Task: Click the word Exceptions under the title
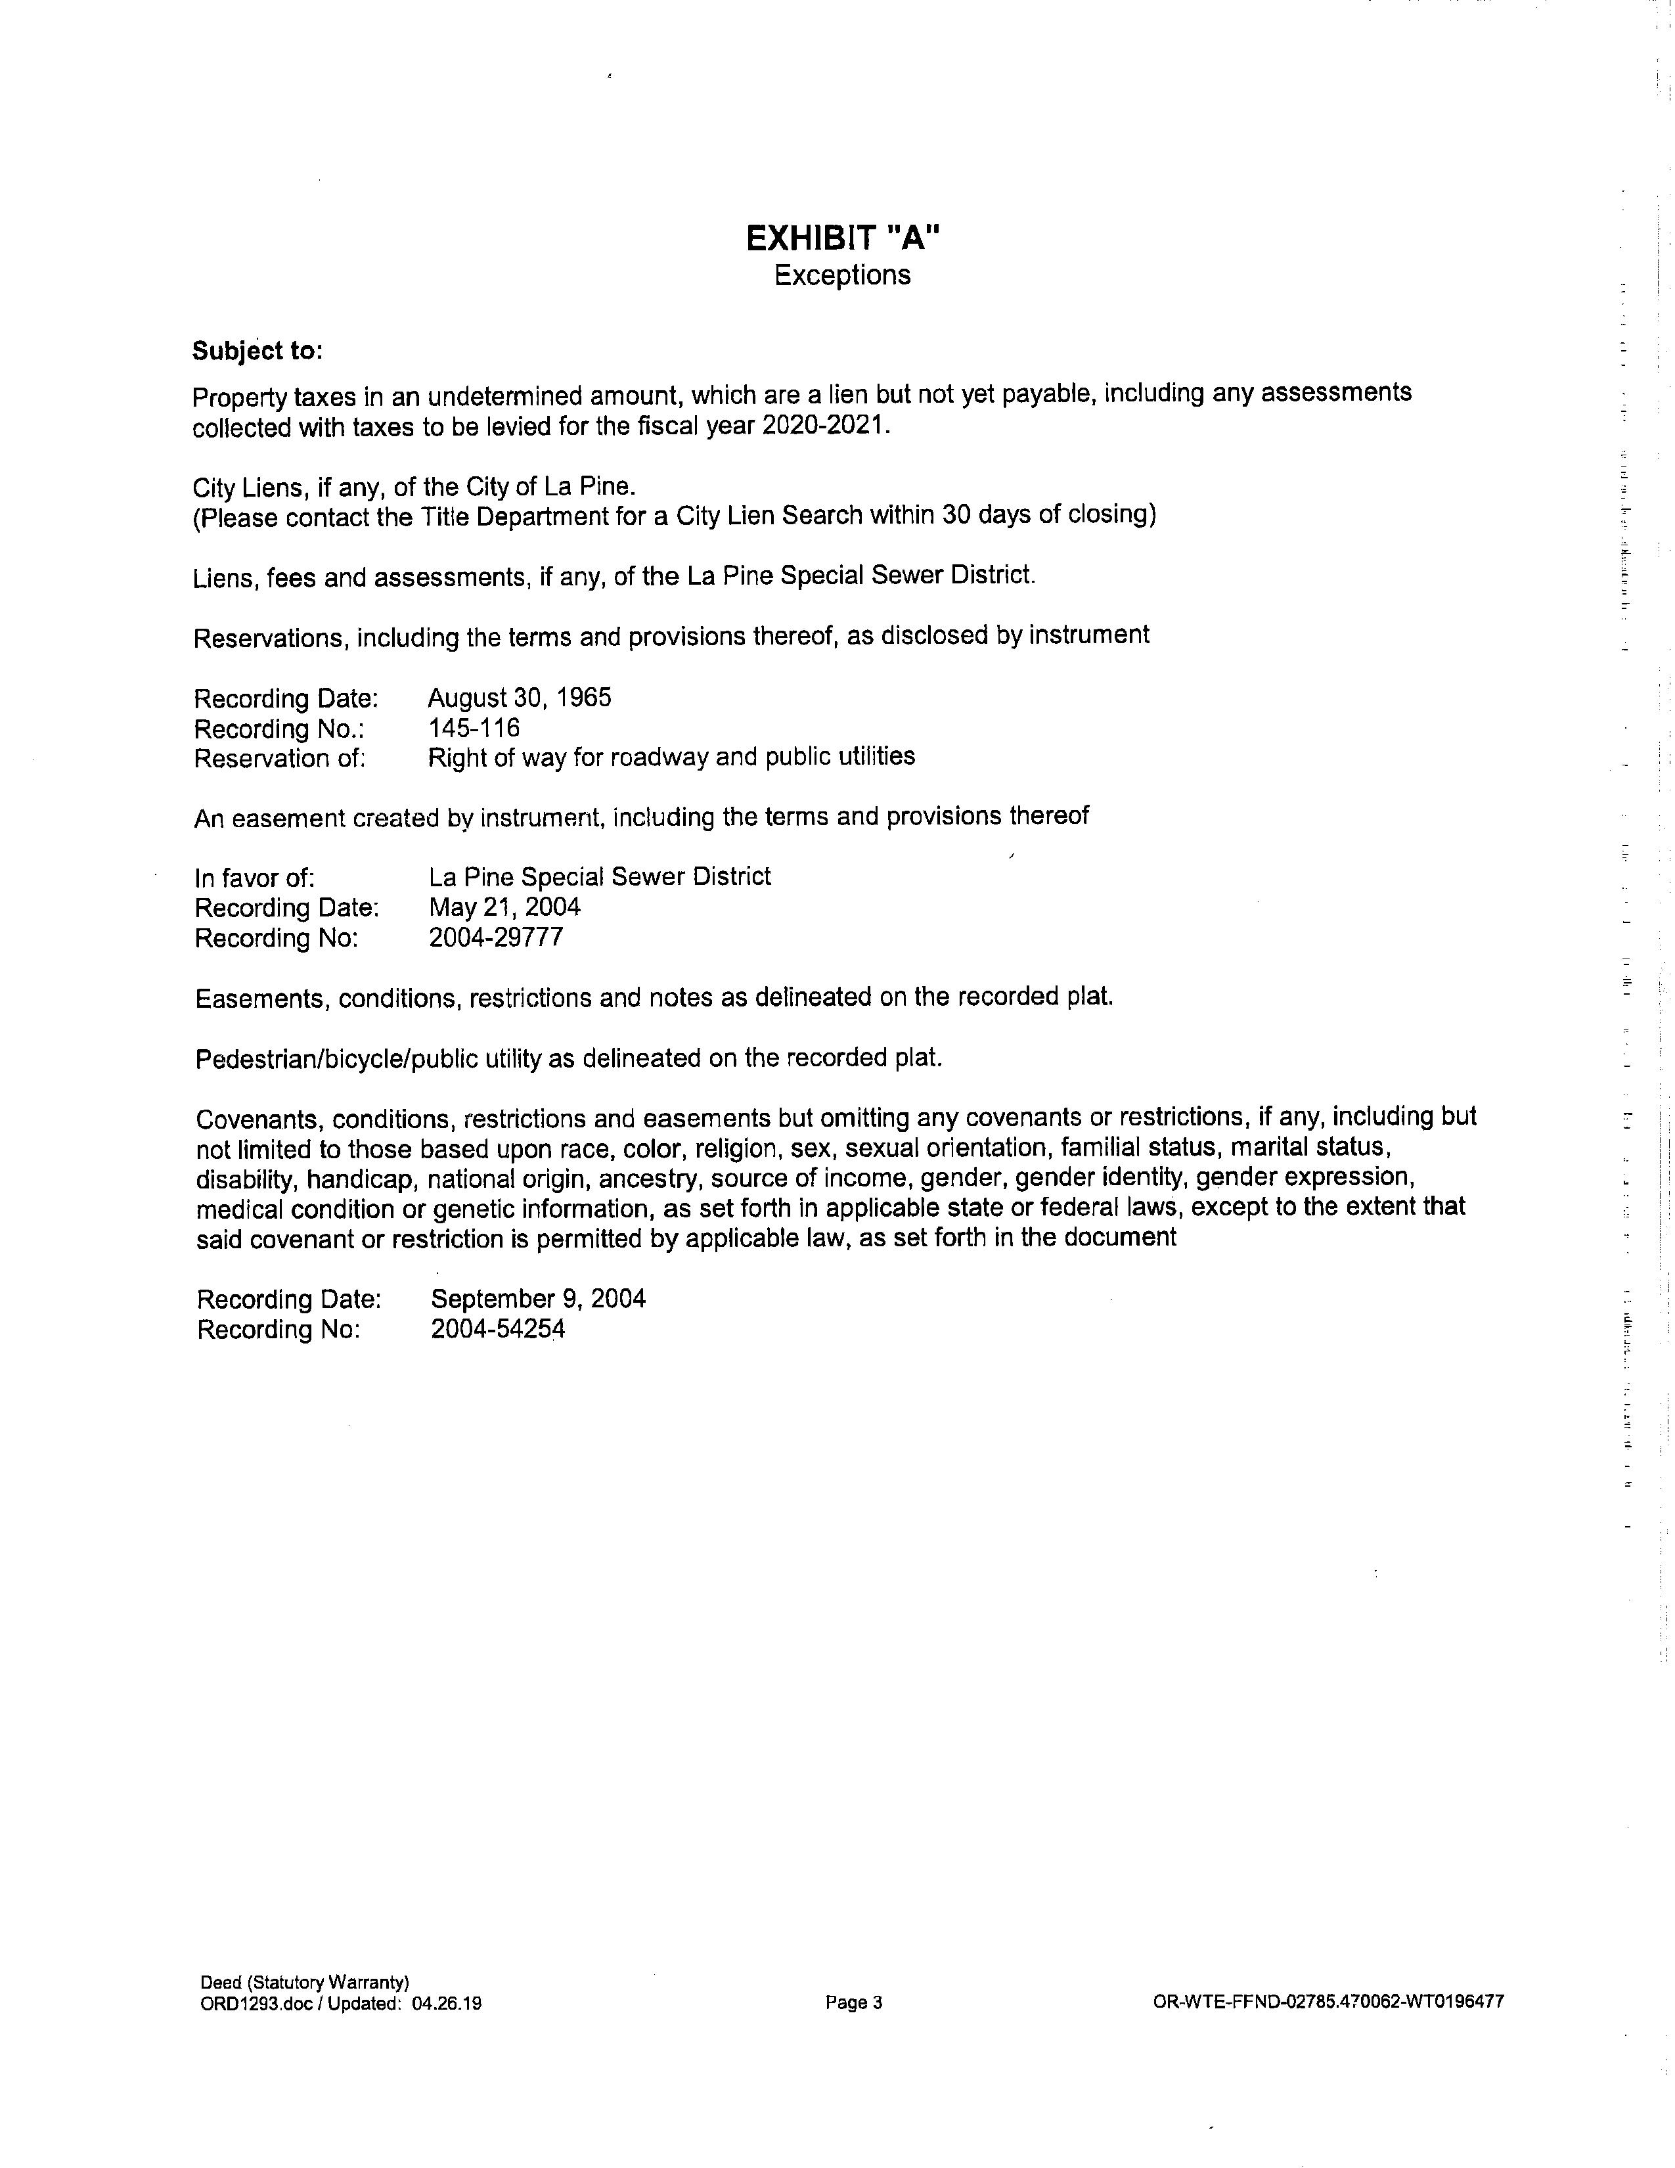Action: coord(841,275)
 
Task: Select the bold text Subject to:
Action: coord(257,351)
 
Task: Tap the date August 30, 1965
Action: coord(519,698)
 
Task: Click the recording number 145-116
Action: coord(474,728)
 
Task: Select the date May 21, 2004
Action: coord(504,907)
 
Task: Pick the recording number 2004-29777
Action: coord(495,937)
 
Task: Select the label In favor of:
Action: coord(255,878)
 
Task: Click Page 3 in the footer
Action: coord(853,2002)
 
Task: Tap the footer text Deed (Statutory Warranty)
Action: coord(305,1982)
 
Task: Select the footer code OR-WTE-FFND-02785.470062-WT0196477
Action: coord(1328,2001)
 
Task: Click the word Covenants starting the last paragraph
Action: coord(257,1119)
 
